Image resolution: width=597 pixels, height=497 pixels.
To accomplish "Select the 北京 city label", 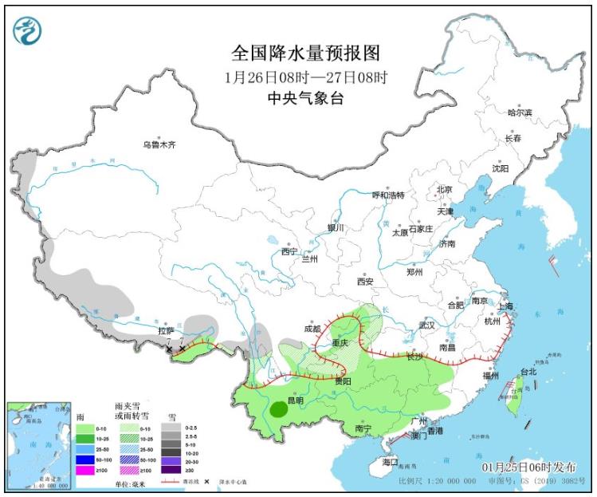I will (x=444, y=190).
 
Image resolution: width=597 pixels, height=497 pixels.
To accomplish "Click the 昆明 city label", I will (x=295, y=398).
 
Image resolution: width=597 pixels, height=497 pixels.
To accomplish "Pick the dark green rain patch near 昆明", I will (x=278, y=410).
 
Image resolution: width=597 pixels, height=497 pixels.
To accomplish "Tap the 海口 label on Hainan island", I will (x=390, y=463).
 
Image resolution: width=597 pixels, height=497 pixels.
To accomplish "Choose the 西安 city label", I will (x=365, y=282).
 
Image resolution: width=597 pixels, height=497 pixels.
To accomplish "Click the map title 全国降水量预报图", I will (x=305, y=53).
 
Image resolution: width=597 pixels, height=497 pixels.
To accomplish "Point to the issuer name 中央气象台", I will (x=305, y=99).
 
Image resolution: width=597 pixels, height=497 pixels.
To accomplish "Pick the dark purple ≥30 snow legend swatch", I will (x=170, y=471).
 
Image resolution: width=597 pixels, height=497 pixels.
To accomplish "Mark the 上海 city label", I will (x=504, y=306).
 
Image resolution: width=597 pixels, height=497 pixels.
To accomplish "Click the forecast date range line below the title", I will (x=305, y=77).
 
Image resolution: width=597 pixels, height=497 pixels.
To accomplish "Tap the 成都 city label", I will (x=312, y=329).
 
